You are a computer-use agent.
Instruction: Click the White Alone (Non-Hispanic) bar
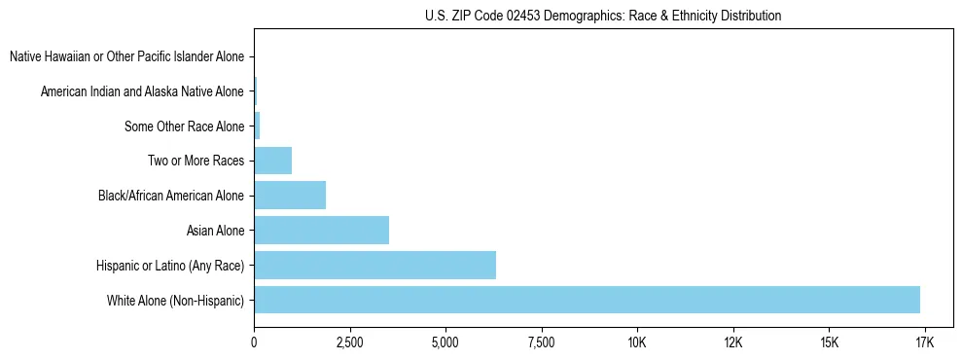[587, 300]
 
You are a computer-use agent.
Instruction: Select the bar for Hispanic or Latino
[374, 265]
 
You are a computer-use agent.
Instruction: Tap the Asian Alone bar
[321, 230]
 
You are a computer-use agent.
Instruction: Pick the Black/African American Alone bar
[290, 196]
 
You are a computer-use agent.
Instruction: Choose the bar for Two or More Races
[272, 161]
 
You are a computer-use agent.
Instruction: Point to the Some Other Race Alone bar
[257, 126]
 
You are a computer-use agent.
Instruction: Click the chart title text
[603, 16]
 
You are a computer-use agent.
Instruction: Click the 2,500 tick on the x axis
[349, 342]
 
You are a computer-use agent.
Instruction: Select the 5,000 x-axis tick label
[445, 342]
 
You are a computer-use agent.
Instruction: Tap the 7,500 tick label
[540, 342]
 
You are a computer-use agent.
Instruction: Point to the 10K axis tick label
[636, 342]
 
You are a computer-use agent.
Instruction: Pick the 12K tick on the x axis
[732, 342]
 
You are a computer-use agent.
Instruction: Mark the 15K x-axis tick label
[828, 342]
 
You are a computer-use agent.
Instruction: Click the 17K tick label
[924, 342]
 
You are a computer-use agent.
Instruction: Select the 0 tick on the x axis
[254, 342]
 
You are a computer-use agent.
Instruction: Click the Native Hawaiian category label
[126, 56]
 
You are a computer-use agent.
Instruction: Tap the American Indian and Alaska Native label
[142, 91]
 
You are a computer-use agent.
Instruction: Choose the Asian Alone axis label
[215, 231]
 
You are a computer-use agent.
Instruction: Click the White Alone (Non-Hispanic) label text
[175, 300]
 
